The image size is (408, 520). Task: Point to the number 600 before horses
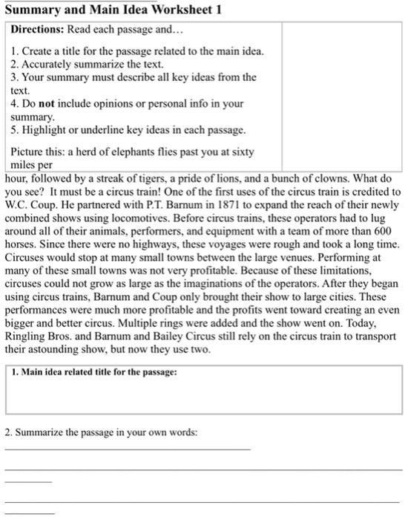coord(385,230)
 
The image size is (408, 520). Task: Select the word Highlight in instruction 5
coord(47,131)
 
